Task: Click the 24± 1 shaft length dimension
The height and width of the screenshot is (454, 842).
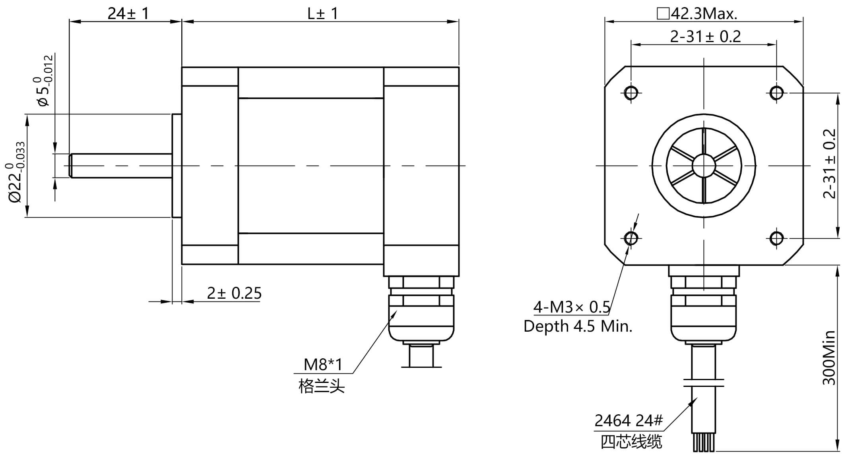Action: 128,14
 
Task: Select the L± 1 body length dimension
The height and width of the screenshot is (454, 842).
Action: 322,14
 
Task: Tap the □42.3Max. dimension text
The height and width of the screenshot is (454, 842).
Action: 697,14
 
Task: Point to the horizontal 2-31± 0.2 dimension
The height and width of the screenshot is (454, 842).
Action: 705,37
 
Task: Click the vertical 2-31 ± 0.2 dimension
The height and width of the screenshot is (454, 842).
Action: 830,163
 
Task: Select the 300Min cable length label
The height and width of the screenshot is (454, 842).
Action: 829,357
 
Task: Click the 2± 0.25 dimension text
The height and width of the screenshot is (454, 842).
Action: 234,293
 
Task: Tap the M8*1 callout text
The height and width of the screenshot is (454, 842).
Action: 323,364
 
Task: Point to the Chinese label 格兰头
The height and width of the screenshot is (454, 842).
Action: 322,386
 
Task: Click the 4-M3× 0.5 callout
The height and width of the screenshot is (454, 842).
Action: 571,307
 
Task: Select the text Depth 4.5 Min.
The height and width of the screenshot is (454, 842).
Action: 578,326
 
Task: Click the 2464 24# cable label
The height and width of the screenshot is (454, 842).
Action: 629,420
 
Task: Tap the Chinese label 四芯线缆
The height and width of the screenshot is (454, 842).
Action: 631,442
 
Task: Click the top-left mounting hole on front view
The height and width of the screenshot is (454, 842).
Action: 631,93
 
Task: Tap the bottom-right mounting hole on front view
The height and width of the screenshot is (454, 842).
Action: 776,238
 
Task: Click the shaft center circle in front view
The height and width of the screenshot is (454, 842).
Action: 704,165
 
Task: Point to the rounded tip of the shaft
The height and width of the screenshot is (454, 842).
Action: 71,165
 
